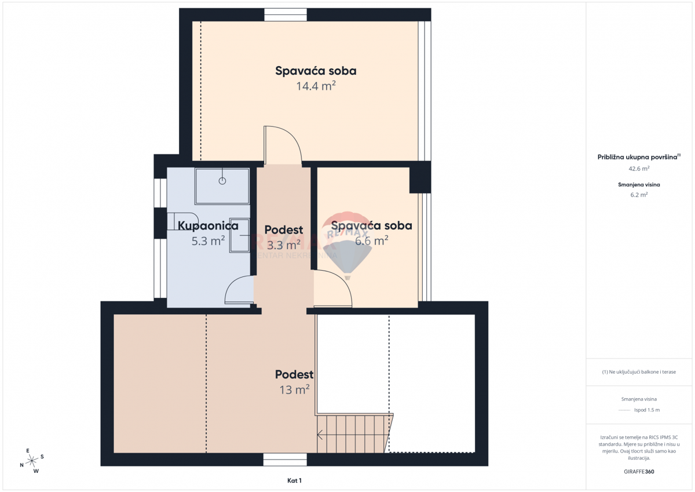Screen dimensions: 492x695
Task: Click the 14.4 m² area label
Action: (x=316, y=86)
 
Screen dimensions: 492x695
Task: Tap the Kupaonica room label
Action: (x=208, y=225)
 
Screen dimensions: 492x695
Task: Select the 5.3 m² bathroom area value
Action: (x=208, y=241)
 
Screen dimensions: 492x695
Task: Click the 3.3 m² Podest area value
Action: (x=283, y=245)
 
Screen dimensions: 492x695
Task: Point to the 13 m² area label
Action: (x=294, y=389)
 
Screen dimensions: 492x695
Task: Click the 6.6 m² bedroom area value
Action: (x=371, y=240)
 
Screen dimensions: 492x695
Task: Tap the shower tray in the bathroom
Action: (x=222, y=186)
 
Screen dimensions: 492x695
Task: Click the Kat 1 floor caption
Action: (x=294, y=480)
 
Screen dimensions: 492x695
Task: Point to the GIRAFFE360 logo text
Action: (x=639, y=472)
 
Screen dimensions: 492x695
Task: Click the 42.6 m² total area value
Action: (x=639, y=169)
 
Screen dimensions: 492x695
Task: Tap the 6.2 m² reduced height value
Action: (x=639, y=195)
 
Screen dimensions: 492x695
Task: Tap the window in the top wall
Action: (x=286, y=14)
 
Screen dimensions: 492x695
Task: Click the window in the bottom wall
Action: (x=284, y=460)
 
